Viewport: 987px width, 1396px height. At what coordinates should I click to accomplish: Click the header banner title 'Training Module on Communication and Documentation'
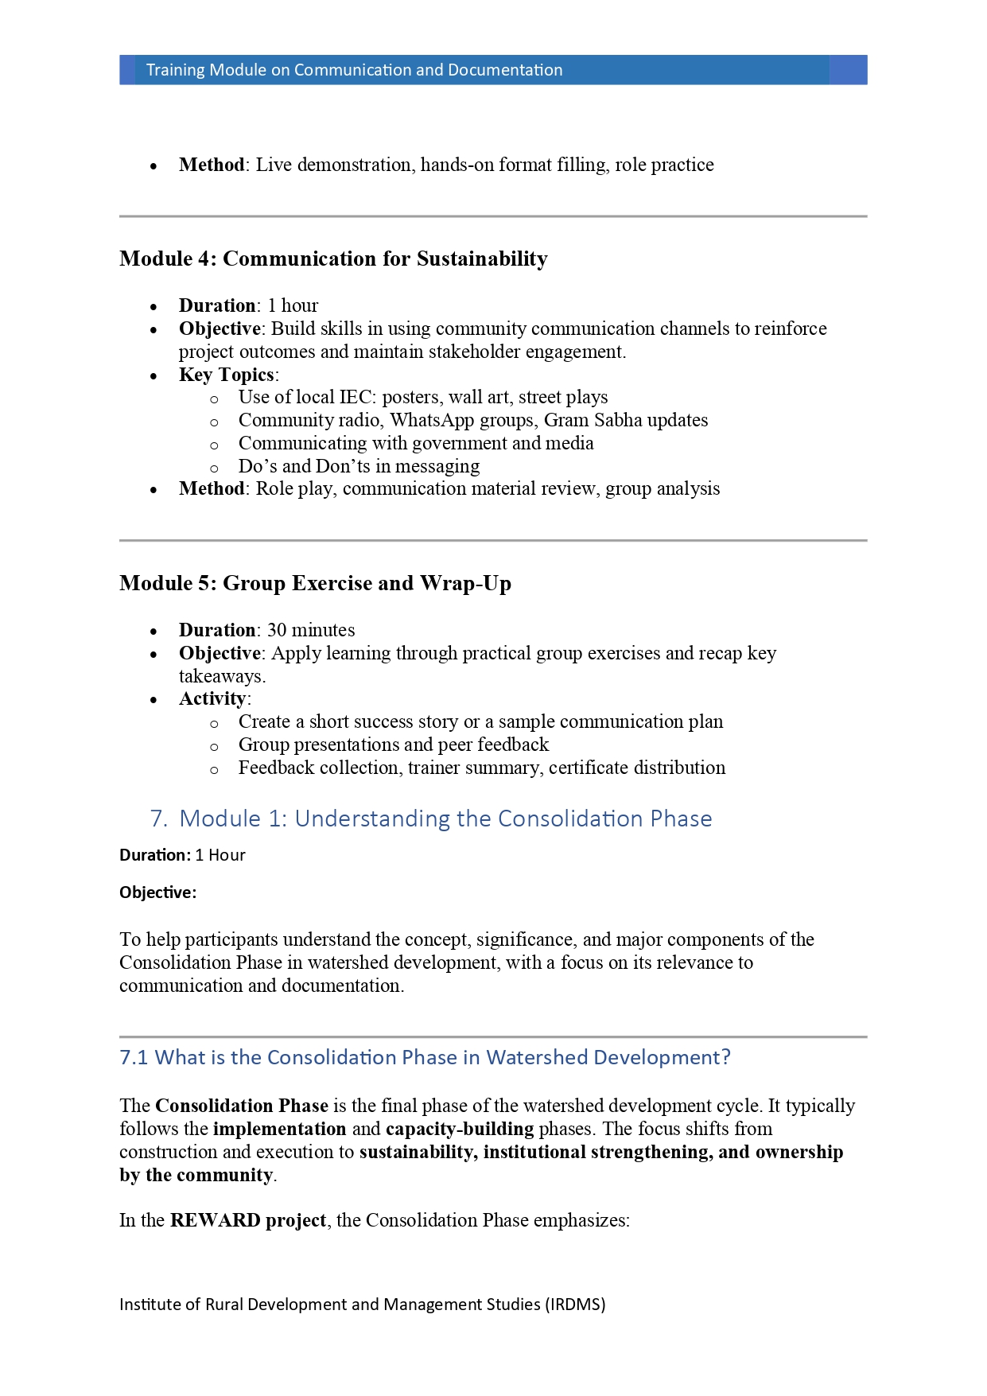click(354, 70)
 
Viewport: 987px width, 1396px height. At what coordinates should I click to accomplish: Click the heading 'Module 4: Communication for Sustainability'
click(333, 259)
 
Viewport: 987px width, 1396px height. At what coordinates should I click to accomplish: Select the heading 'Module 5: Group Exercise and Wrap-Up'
click(315, 584)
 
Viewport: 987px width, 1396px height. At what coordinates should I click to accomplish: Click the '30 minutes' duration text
click(311, 630)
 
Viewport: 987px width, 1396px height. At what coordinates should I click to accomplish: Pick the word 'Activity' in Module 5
click(212, 698)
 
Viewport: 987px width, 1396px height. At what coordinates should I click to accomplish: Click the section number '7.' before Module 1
click(158, 819)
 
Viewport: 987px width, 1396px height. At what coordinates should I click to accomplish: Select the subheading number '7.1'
click(134, 1057)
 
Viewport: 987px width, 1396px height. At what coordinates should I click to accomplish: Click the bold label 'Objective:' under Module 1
click(157, 892)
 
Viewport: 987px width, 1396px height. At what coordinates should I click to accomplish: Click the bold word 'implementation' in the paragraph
click(279, 1129)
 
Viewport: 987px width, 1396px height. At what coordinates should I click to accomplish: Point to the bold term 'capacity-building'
click(460, 1129)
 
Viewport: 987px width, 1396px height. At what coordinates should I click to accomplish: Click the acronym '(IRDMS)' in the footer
click(575, 1305)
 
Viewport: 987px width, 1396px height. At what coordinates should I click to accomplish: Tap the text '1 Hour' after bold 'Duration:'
click(220, 855)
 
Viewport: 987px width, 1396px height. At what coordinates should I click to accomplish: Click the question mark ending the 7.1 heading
click(725, 1057)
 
